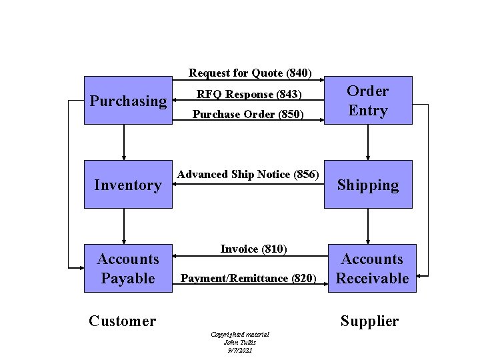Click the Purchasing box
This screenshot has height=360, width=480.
(x=127, y=100)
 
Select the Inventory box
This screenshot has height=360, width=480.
(x=127, y=184)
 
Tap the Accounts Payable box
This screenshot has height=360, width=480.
(x=127, y=268)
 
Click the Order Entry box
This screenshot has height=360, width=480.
(x=367, y=100)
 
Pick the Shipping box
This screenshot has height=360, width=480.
(x=367, y=185)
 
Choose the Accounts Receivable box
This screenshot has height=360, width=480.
(x=372, y=268)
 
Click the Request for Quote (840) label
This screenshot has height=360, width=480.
(x=246, y=72)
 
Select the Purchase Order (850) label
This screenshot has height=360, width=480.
(x=248, y=114)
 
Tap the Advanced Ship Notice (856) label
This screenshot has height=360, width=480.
(x=248, y=174)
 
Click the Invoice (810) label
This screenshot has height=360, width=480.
(x=253, y=249)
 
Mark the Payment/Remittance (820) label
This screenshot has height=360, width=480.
(x=249, y=278)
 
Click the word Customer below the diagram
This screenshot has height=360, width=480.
(x=122, y=321)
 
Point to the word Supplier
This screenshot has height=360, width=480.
(x=369, y=321)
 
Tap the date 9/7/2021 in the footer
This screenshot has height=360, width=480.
(x=239, y=350)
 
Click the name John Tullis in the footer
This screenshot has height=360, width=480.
(x=239, y=342)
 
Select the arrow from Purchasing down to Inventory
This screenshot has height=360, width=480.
(x=124, y=141)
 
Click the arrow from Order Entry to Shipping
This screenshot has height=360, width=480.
(x=367, y=141)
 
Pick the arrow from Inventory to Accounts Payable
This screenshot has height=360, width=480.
(x=124, y=225)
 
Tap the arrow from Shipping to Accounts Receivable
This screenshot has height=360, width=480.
(x=367, y=225)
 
